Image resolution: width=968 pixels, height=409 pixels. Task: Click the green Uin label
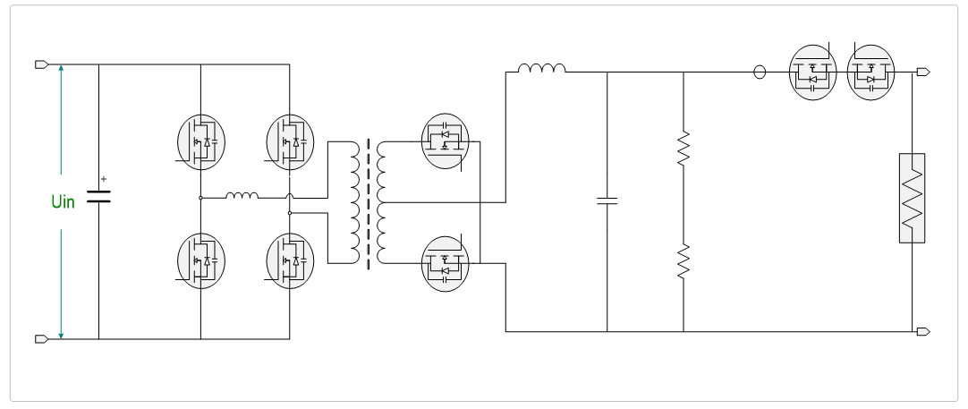(64, 201)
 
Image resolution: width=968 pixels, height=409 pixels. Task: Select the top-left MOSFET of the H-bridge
(201, 140)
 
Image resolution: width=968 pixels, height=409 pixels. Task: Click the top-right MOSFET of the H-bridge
(291, 140)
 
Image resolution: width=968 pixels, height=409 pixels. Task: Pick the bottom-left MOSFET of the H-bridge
(201, 260)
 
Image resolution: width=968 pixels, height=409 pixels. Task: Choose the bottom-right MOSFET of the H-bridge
(291, 260)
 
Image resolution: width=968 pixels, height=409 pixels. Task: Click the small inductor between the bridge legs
(242, 195)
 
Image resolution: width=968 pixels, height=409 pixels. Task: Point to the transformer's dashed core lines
(367, 203)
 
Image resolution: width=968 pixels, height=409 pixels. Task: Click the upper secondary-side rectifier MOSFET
(445, 141)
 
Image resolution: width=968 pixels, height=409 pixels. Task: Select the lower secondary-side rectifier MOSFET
(445, 261)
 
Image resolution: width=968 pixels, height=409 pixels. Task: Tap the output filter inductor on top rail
(541, 68)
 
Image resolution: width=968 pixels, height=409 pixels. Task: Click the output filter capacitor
(607, 200)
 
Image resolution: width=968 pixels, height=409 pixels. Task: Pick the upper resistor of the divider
(684, 149)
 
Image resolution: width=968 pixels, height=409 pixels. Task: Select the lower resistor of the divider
(684, 261)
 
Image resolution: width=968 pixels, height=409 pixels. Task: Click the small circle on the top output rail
(760, 72)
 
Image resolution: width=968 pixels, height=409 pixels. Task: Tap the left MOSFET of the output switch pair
(812, 74)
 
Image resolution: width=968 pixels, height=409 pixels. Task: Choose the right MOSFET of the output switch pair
(870, 74)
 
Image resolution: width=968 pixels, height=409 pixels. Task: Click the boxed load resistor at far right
(912, 198)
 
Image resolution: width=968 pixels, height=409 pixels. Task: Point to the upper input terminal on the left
(40, 64)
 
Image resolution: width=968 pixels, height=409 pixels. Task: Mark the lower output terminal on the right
(923, 332)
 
